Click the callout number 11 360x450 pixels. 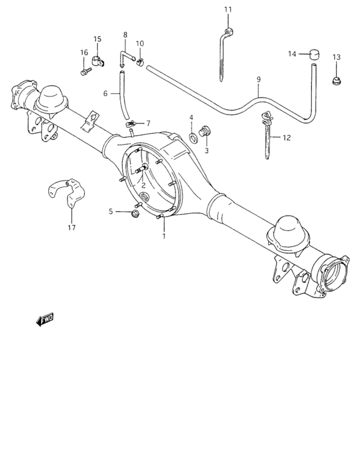[228, 9]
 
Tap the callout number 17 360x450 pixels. [71, 228]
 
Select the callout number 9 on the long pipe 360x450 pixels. [258, 79]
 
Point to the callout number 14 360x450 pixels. [292, 54]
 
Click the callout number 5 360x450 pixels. [111, 211]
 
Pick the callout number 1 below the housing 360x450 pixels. [164, 236]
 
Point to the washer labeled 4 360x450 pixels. [193, 137]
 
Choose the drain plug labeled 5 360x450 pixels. [136, 213]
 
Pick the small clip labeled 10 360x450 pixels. [141, 62]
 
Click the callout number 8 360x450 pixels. [125, 35]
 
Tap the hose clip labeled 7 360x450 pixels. [130, 123]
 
